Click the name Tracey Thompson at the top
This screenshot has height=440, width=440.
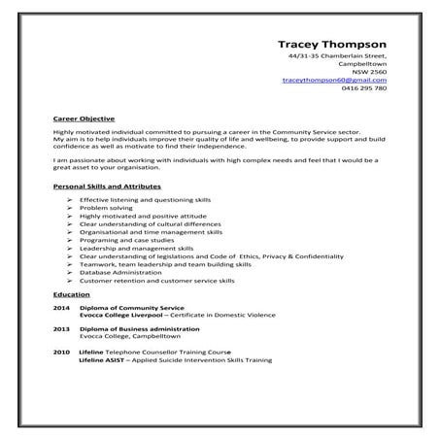[332, 44]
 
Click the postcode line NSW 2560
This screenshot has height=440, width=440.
[370, 72]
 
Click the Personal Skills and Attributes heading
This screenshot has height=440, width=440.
[107, 185]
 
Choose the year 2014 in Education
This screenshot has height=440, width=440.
[61, 307]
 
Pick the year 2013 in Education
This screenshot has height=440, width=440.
[61, 328]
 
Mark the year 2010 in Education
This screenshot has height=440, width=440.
[61, 351]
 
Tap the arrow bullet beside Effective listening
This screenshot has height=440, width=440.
[71, 198]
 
